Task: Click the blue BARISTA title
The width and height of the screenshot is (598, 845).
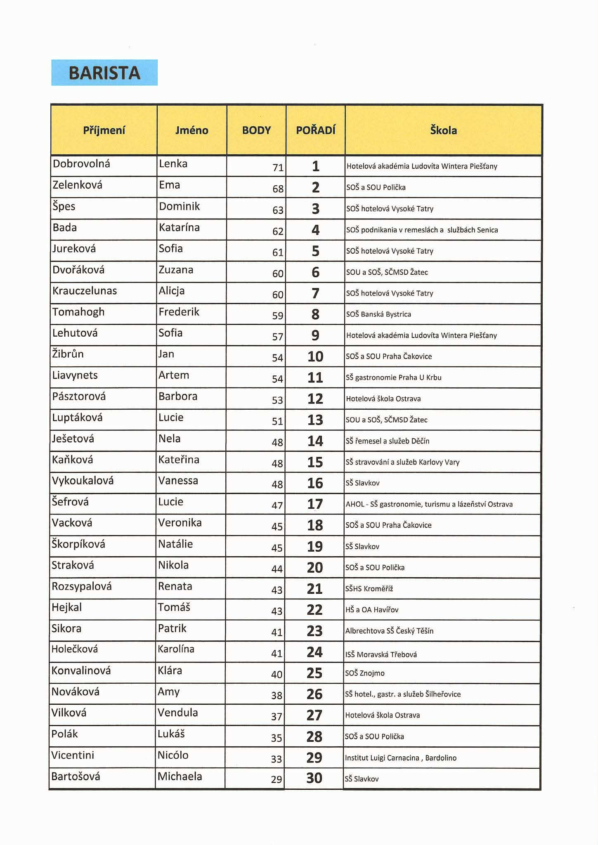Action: click(104, 73)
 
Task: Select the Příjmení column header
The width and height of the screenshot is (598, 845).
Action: click(104, 130)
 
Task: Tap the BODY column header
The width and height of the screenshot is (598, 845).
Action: click(256, 130)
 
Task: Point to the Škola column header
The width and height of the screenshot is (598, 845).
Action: click(443, 130)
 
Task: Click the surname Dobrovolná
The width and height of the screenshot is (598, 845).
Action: click(81, 164)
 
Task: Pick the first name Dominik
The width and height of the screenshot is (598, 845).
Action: click(179, 206)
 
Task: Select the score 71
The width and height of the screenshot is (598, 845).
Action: click(278, 168)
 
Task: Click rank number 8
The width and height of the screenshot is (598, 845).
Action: click(315, 314)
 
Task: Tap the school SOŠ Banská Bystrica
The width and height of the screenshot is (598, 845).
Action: click(378, 314)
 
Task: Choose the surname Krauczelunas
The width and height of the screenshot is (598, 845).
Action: click(85, 291)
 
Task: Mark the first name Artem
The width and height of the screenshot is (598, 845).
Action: click(174, 375)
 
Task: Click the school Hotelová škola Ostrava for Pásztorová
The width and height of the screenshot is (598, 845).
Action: click(383, 399)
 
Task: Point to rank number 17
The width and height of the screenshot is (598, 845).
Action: click(315, 504)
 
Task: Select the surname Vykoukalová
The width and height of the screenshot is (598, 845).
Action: click(83, 481)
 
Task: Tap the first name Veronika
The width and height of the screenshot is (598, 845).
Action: click(180, 523)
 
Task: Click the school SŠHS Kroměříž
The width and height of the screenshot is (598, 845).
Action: click(369, 589)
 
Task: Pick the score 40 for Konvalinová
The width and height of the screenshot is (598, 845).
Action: click(277, 675)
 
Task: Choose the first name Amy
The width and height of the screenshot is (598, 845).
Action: click(169, 692)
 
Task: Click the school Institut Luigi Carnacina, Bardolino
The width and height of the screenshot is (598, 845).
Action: click(401, 758)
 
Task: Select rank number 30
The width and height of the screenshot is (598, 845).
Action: click(314, 778)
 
